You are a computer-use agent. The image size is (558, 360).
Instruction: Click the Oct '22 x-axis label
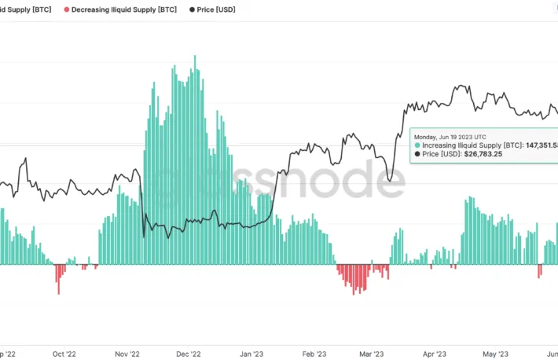point(64,354)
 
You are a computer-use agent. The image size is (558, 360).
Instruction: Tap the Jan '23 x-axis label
point(251,354)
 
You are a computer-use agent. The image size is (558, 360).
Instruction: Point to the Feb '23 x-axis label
point(314,354)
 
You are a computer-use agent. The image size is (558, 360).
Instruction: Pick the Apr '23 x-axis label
point(435,354)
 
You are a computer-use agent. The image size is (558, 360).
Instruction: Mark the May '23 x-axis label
point(495,354)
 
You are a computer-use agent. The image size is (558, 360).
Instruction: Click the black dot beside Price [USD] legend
point(192,9)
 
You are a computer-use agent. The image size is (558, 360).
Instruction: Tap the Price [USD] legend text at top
point(216,9)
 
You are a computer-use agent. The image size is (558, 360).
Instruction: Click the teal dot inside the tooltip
point(417,145)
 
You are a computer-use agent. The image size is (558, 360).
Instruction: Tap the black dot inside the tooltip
point(417,154)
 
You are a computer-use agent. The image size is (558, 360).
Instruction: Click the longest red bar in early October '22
point(58,279)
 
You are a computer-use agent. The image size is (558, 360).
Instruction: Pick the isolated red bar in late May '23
point(539,270)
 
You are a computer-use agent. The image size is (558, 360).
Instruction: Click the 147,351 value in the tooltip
point(535,145)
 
